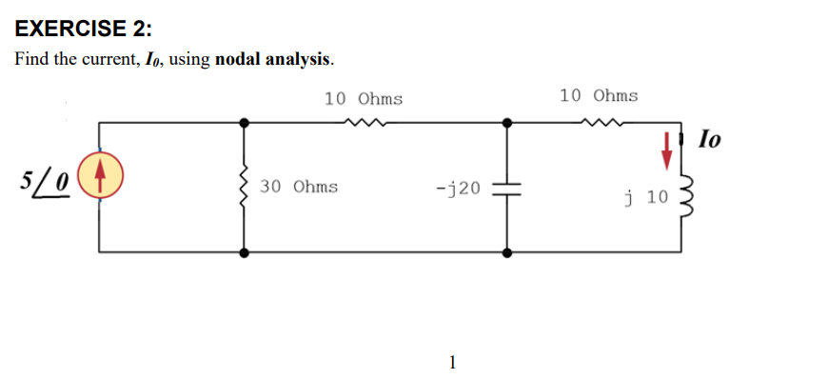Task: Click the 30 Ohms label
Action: pyautogui.click(x=299, y=186)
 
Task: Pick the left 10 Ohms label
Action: pyautogui.click(x=363, y=98)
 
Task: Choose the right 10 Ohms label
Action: pyautogui.click(x=599, y=95)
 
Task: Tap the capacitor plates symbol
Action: pyautogui.click(x=506, y=188)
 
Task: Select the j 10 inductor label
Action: pyautogui.click(x=647, y=197)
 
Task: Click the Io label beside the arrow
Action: pyautogui.click(x=710, y=140)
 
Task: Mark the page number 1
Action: pyautogui.click(x=452, y=361)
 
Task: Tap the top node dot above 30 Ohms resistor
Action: pyautogui.click(x=245, y=122)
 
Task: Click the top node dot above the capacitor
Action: pyautogui.click(x=506, y=122)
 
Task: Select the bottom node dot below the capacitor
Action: pyautogui.click(x=506, y=252)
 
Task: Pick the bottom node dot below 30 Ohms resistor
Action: pyautogui.click(x=245, y=252)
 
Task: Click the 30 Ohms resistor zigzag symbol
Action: pyautogui.click(x=245, y=188)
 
